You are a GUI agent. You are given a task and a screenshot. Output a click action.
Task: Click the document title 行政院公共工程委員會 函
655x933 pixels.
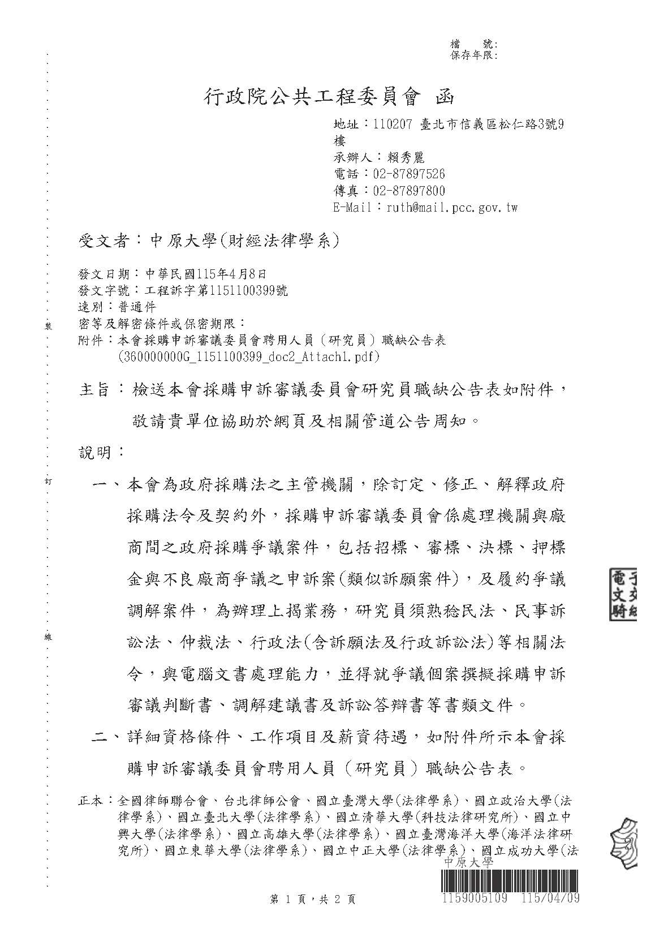(328, 98)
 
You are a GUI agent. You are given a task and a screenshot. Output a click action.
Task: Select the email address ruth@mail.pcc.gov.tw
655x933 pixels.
(451, 208)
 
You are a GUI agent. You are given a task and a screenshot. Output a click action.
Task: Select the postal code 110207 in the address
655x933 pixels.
(393, 124)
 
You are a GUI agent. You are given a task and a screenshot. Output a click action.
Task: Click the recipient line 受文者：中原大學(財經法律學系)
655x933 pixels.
(208, 242)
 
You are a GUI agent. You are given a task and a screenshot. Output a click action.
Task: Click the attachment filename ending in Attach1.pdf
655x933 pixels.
(249, 357)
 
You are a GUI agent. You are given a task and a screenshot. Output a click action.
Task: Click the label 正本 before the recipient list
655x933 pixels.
(90, 801)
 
